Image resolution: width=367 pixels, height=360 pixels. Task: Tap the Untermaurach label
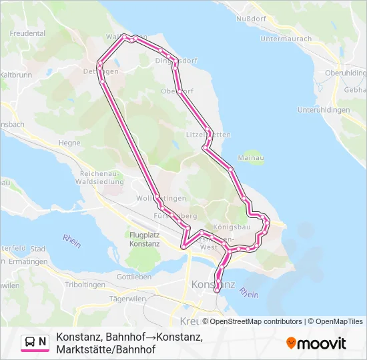(x=286, y=39)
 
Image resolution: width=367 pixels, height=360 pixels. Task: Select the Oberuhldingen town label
(x=345, y=73)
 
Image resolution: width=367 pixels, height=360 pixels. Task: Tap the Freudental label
(x=28, y=33)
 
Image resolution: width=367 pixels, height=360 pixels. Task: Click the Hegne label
(x=69, y=142)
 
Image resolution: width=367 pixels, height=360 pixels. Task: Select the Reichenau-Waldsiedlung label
(x=97, y=177)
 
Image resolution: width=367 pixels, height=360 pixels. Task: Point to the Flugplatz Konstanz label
(x=145, y=239)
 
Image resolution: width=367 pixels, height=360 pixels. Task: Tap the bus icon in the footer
(x=30, y=342)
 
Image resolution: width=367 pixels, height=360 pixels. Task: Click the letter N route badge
(x=43, y=342)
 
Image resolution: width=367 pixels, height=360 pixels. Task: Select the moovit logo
(x=316, y=343)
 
